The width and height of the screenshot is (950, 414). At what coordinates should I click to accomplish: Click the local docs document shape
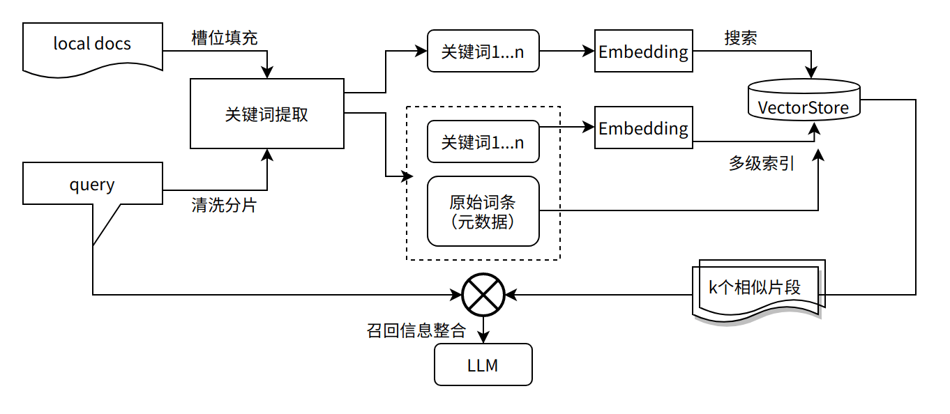pyautogui.click(x=92, y=45)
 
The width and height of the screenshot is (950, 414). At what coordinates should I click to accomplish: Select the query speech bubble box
pyautogui.click(x=92, y=184)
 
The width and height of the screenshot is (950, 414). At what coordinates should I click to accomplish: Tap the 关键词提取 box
pyautogui.click(x=266, y=114)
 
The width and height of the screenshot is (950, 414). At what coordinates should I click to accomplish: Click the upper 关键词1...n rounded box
pyautogui.click(x=483, y=51)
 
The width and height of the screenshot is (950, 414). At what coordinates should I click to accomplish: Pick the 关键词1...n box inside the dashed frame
pyautogui.click(x=483, y=141)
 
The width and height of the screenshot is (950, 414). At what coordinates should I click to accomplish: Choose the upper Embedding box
pyautogui.click(x=643, y=51)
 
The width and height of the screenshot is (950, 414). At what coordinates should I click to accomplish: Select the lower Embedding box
pyautogui.click(x=643, y=128)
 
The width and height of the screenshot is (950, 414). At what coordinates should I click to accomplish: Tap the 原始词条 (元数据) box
pyautogui.click(x=483, y=211)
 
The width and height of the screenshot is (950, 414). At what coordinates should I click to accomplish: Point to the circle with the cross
pyautogui.click(x=483, y=294)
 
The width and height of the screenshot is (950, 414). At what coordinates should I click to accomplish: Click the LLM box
pyautogui.click(x=483, y=365)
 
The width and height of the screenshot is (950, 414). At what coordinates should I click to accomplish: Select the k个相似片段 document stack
pyautogui.click(x=757, y=288)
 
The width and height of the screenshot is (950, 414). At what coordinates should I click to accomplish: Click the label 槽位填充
pyautogui.click(x=225, y=38)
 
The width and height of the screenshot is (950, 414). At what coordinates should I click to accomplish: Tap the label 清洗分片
pyautogui.click(x=223, y=206)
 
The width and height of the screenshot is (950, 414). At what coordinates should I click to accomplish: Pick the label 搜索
pyautogui.click(x=741, y=38)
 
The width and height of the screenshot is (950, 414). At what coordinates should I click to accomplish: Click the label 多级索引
pyautogui.click(x=762, y=164)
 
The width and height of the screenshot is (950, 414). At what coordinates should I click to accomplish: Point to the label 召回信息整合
pyautogui.click(x=416, y=330)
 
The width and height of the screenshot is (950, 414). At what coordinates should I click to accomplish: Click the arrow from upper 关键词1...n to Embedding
pyautogui.click(x=566, y=51)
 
